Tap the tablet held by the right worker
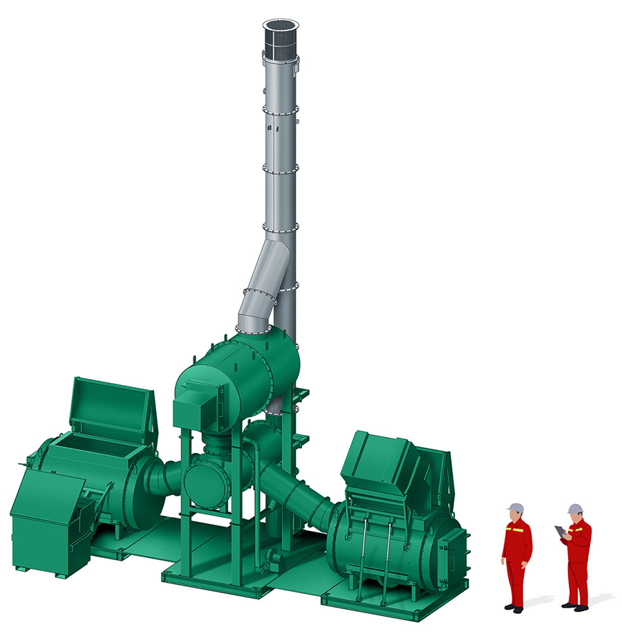558,532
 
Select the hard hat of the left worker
514,507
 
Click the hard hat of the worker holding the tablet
574,509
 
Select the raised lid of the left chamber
111,404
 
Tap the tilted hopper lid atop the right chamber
380,460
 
